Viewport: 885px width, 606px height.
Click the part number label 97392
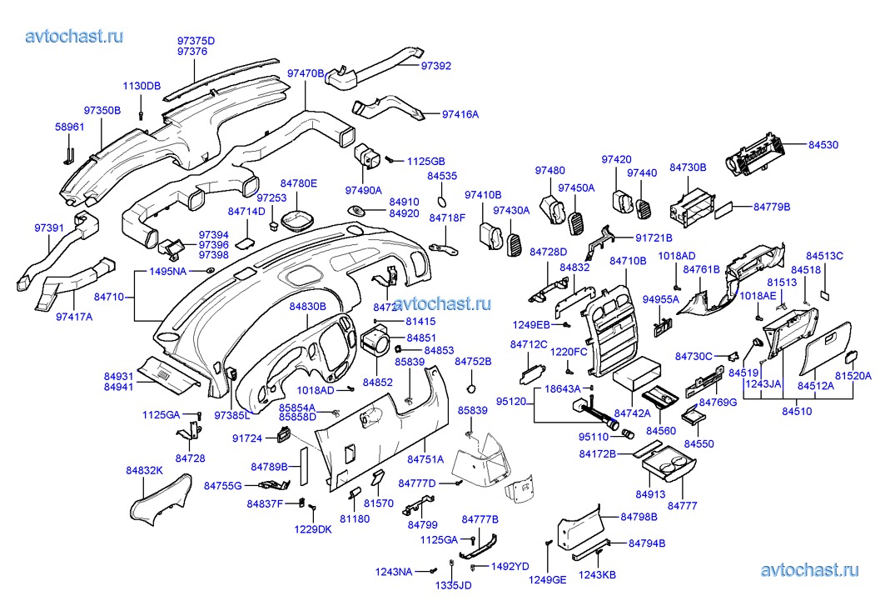point(435,65)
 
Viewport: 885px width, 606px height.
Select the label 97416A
point(460,114)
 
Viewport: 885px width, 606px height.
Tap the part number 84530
point(823,145)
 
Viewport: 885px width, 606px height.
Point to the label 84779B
point(772,206)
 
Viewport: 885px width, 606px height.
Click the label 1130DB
point(142,86)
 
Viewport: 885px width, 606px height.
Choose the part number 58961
point(70,127)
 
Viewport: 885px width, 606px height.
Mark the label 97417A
point(75,317)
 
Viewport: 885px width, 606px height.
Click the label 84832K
point(144,471)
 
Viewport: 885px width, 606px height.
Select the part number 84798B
point(639,517)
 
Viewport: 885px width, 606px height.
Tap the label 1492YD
point(510,567)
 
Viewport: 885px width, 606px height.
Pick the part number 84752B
point(473,361)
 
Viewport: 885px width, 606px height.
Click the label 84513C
point(824,255)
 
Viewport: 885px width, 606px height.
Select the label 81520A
point(853,376)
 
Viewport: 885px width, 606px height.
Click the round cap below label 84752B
point(472,389)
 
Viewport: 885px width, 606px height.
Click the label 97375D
point(196,40)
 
